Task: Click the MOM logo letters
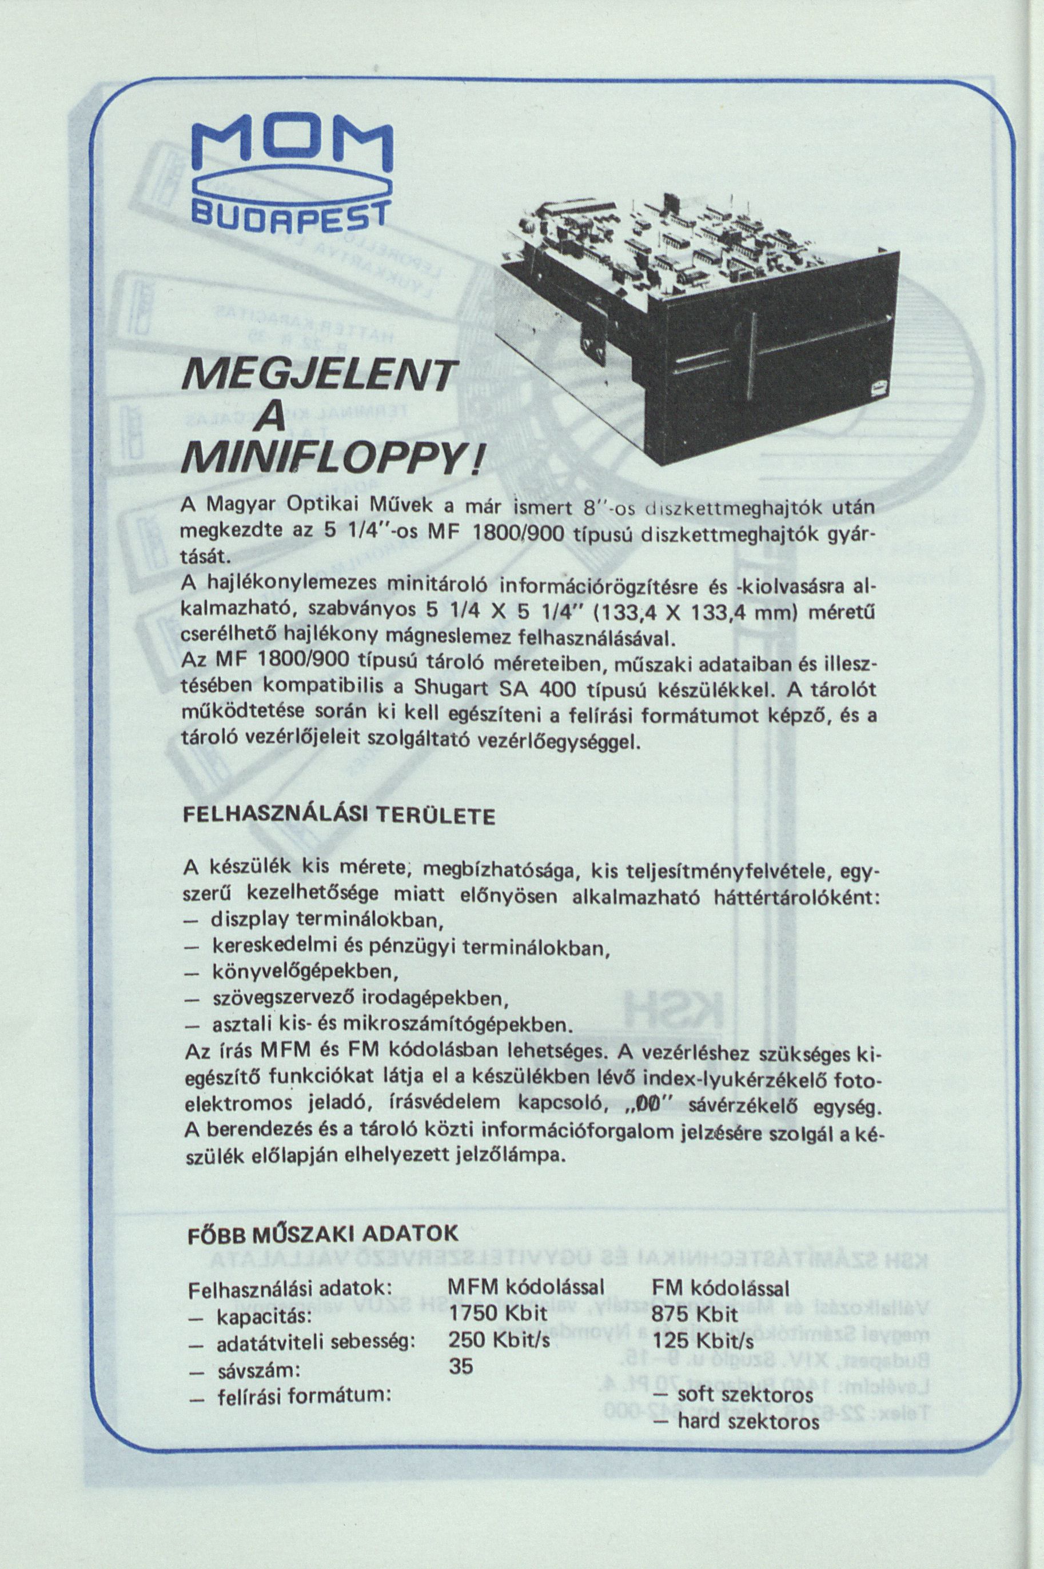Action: (x=292, y=152)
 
